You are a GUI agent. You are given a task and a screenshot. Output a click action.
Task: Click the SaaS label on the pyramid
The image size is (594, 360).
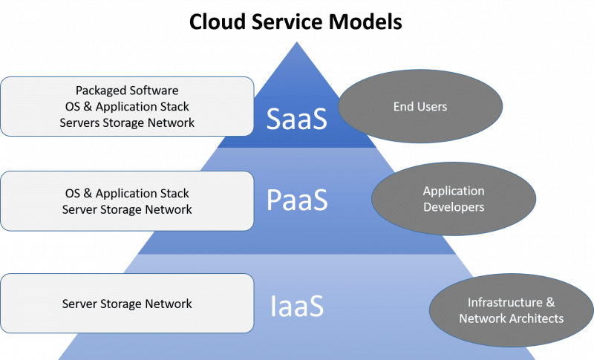point(297,120)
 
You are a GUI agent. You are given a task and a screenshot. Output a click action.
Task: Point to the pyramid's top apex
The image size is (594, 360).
point(297,42)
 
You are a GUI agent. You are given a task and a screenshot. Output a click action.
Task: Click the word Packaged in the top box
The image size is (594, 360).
point(100,91)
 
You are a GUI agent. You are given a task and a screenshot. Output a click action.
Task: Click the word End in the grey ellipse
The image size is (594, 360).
point(404,107)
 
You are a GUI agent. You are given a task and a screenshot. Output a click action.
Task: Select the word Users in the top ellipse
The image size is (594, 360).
point(432,107)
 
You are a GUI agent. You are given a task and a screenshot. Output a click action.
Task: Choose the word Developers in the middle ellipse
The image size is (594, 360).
point(453,207)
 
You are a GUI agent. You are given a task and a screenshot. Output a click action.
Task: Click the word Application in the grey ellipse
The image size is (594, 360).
point(454,192)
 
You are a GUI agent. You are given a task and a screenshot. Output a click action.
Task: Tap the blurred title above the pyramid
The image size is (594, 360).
point(297,22)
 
